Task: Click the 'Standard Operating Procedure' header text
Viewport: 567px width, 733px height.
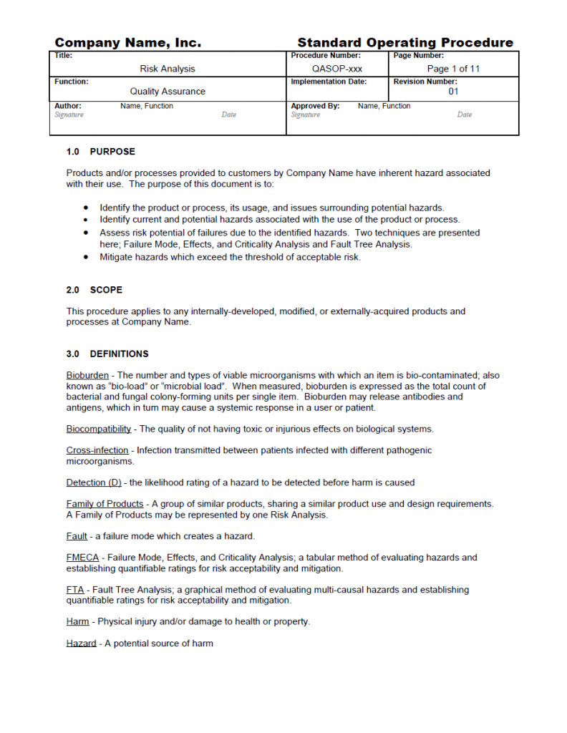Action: (x=405, y=43)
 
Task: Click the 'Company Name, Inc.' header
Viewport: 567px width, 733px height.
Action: (x=128, y=43)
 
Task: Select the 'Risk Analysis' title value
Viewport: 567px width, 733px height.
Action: (x=168, y=69)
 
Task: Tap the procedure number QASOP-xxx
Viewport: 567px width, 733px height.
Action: (x=336, y=69)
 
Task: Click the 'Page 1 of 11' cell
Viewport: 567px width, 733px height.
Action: (x=453, y=69)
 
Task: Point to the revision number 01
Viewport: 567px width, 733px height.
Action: (x=453, y=92)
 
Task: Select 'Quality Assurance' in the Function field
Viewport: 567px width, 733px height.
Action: (x=168, y=92)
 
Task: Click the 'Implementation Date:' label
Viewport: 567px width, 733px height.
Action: (x=329, y=82)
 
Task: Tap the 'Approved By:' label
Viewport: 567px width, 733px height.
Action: (x=315, y=106)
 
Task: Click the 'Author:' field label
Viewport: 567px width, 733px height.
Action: (x=68, y=106)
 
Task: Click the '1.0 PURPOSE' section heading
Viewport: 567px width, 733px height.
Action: (x=100, y=152)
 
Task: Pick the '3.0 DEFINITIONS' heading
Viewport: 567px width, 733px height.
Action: (x=107, y=354)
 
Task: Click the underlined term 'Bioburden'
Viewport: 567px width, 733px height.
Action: (x=87, y=375)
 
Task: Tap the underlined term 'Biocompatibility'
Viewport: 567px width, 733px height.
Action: (x=99, y=429)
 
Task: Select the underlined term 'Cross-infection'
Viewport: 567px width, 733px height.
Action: (x=97, y=450)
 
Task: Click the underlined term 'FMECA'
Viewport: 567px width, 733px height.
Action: (x=82, y=558)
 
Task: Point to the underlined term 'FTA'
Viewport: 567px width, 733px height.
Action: (x=75, y=590)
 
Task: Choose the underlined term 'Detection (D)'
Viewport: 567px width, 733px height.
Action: (x=94, y=482)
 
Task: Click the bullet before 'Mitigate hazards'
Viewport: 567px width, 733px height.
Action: (x=86, y=257)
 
